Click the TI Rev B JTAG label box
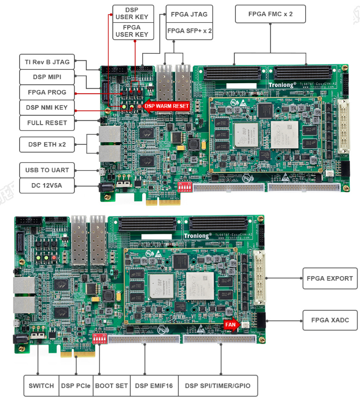click(x=47, y=62)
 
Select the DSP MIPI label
click(x=47, y=77)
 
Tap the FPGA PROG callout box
click(x=47, y=93)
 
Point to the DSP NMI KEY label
click(x=47, y=108)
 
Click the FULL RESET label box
click(x=47, y=123)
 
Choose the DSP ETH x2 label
click(x=47, y=144)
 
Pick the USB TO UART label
click(x=47, y=170)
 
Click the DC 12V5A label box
click(x=47, y=186)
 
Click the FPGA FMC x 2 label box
click(x=270, y=14)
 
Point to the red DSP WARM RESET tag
click(x=166, y=106)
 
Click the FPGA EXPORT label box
click(x=329, y=278)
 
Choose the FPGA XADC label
click(x=329, y=320)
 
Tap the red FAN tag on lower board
click(x=230, y=325)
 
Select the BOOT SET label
click(x=111, y=386)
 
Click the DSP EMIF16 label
click(x=154, y=386)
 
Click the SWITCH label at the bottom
click(x=41, y=386)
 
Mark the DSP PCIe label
click(x=76, y=386)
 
